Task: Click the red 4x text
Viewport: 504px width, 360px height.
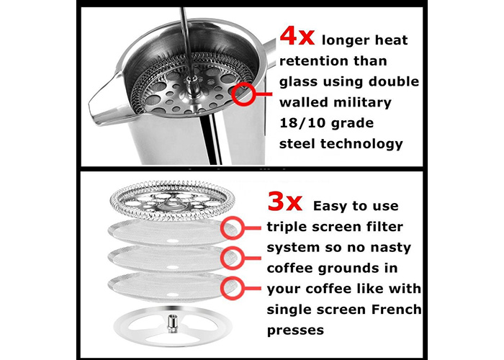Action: click(297, 36)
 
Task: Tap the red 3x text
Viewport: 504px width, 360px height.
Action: click(285, 202)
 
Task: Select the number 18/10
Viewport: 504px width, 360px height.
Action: click(302, 123)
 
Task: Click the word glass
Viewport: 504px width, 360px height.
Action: click(299, 82)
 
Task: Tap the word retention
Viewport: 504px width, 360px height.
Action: click(310, 60)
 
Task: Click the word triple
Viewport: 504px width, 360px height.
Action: click(287, 228)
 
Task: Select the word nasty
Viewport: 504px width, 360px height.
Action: click(390, 248)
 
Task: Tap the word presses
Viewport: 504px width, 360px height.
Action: click(295, 330)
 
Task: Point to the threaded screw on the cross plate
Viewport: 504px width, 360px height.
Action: click(173, 323)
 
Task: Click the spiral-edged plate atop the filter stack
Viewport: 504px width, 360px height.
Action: click(172, 201)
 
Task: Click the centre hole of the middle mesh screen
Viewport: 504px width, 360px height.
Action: click(172, 267)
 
